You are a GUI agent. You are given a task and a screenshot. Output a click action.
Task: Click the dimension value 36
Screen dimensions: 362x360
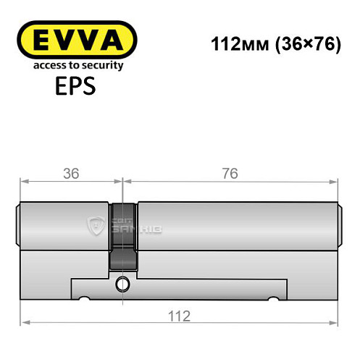[x=71, y=174]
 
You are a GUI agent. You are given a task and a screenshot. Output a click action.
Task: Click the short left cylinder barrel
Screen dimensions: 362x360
[x=65, y=224]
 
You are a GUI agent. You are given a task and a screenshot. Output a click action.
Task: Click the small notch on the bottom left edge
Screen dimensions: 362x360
[x=85, y=297]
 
